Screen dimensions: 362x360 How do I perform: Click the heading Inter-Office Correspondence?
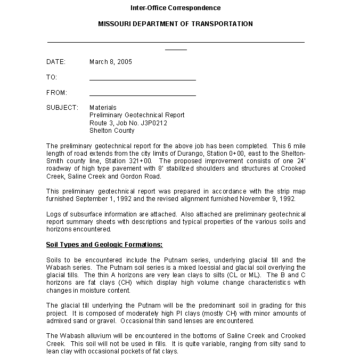coord(175,8)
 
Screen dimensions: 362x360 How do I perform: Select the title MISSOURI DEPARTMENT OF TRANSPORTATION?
coord(175,24)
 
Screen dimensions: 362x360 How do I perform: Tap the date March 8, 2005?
coord(111,62)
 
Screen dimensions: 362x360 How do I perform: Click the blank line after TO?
coord(142,79)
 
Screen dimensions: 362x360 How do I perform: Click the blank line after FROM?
coord(142,95)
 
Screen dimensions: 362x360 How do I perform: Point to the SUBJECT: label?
coord(62,108)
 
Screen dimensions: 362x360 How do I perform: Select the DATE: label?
coord(56,62)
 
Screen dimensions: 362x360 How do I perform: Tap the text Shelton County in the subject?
coord(112,131)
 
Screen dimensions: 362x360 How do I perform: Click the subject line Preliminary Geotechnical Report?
coord(137,115)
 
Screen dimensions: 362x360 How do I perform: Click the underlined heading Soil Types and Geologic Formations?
coord(104,245)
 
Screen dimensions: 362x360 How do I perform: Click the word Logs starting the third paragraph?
coord(53,214)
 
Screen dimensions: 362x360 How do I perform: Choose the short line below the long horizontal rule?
coord(176,50)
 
